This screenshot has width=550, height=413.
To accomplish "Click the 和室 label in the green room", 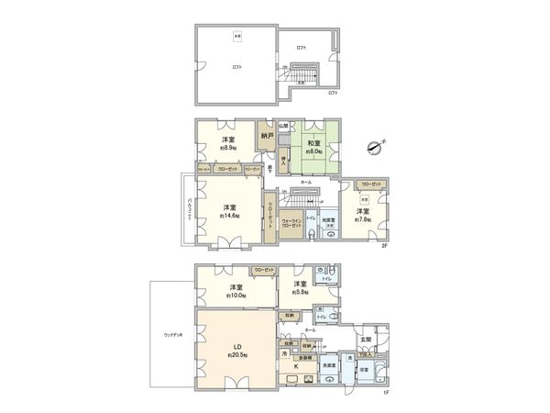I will [313, 143].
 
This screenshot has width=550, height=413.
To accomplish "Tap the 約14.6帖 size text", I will [230, 217].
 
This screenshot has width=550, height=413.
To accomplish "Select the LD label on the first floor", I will [231, 346].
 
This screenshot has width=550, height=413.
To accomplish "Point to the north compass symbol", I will [374, 145].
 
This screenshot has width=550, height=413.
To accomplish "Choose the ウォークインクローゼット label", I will [292, 223].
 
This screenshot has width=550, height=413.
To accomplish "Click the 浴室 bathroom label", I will [364, 370].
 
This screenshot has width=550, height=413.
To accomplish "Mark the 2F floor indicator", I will [385, 245].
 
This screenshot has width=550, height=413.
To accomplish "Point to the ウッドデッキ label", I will [173, 334].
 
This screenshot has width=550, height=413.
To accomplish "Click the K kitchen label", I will [295, 366].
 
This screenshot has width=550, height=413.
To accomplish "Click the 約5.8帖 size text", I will [300, 294].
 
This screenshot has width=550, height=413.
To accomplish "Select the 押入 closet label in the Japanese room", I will [285, 161].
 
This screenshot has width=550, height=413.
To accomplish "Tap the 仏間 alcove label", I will [285, 126].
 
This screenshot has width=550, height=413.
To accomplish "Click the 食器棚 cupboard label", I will [310, 357].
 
